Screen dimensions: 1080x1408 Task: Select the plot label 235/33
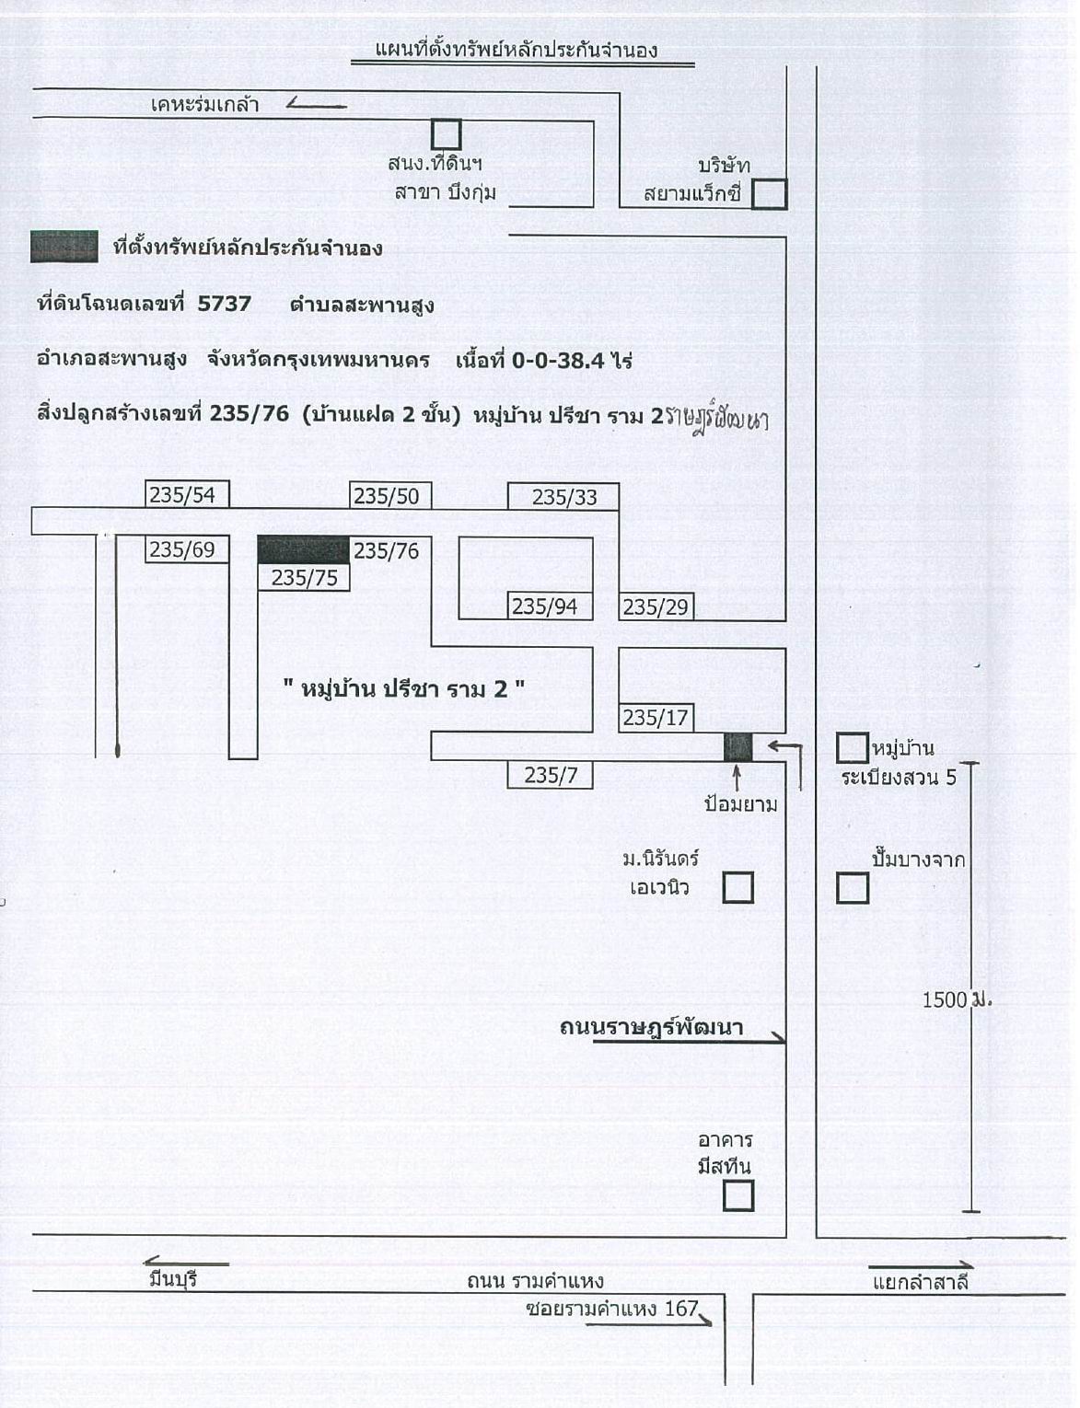coord(563,497)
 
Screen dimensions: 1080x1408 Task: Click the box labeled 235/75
coord(304,577)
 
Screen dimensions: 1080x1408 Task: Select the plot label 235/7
coord(550,775)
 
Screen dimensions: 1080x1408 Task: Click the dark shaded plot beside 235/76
coord(304,550)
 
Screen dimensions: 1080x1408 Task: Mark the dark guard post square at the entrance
coord(738,747)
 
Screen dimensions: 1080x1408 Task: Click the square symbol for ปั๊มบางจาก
coord(853,888)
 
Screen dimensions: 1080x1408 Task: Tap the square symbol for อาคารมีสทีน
coord(738,1195)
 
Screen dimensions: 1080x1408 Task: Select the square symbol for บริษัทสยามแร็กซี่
coord(770,194)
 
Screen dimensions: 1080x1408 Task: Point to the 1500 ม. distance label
coord(957,999)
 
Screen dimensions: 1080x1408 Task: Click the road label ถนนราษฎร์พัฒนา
coord(651,1028)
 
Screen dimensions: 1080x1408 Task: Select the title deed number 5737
coord(225,304)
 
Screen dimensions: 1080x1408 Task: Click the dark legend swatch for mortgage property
coord(64,247)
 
